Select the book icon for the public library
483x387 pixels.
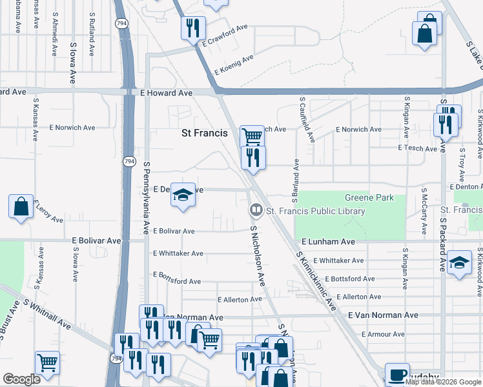click(x=256, y=211)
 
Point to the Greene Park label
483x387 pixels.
click(x=365, y=197)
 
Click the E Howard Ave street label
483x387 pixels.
click(x=167, y=93)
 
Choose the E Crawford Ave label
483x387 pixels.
click(x=225, y=36)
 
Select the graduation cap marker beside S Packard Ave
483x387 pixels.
click(x=458, y=263)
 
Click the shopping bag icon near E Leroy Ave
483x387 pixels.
click(x=21, y=206)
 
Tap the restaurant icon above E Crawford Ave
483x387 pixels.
click(x=193, y=28)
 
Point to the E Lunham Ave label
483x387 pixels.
click(x=328, y=241)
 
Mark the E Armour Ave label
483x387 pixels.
click(x=383, y=334)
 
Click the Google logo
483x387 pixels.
click(x=21, y=379)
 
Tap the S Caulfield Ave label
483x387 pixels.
click(x=306, y=120)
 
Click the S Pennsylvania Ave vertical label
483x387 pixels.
click(x=147, y=197)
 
